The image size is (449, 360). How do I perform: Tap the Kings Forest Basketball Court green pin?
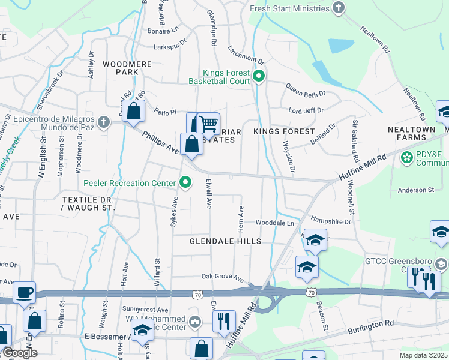coord(259,76)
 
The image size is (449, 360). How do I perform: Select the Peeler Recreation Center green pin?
coord(186,182)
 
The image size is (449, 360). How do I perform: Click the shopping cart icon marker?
coord(208,124)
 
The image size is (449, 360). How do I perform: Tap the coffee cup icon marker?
coord(25,292)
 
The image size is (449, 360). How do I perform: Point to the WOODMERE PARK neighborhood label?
coord(120,67)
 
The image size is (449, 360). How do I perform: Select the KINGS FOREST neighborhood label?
coord(284,131)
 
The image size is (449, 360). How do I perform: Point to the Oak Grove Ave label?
coord(223,278)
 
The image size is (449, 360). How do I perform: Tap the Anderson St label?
coord(415,190)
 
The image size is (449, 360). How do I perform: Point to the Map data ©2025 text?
coord(423,355)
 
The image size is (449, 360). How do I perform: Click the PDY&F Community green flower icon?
coord(406,157)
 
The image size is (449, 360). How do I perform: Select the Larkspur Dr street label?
coord(170,43)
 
